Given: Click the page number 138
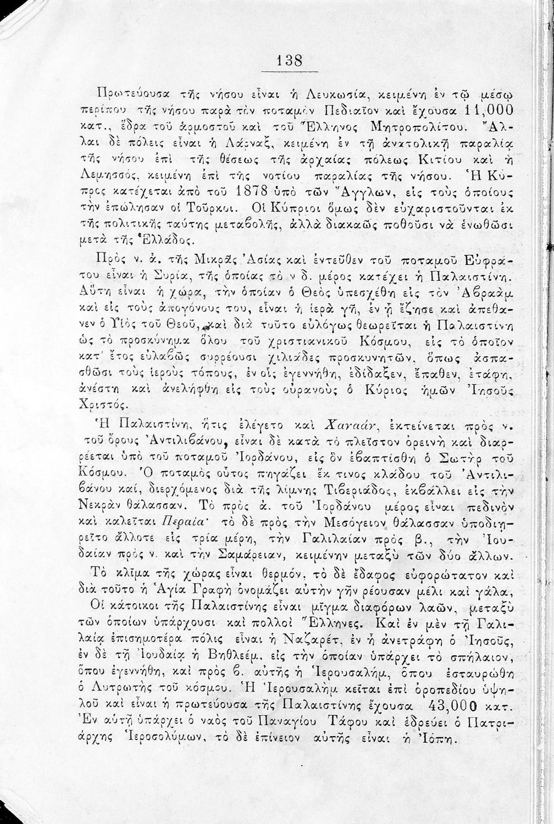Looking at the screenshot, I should pos(290,60).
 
